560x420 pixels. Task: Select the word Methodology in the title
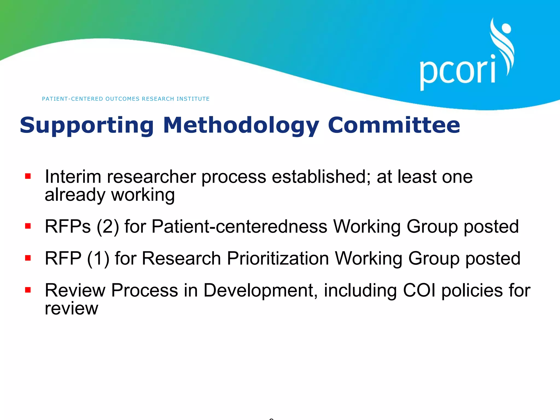[241, 125]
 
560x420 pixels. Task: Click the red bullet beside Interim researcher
[28, 176]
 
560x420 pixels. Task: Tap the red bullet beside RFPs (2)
[28, 226]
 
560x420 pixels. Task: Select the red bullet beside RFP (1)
[28, 258]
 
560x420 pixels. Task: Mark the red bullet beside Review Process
[28, 290]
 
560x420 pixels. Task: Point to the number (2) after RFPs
[108, 227]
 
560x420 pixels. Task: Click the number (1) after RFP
[98, 258]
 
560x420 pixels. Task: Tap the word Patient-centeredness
[239, 226]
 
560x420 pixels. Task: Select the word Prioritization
[278, 258]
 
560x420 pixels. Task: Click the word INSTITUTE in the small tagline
[193, 99]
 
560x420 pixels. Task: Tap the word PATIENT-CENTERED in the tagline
[72, 99]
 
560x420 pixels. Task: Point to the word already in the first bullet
[75, 195]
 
